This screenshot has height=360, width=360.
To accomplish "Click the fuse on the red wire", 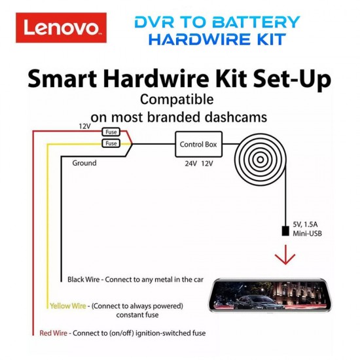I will tap(111, 131).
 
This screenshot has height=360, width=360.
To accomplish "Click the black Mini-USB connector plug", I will tap(285, 230).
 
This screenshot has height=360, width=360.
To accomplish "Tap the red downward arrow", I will tap(285, 255).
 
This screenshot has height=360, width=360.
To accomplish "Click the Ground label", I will tap(84, 163).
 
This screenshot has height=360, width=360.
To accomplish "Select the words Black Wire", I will tap(84, 279).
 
